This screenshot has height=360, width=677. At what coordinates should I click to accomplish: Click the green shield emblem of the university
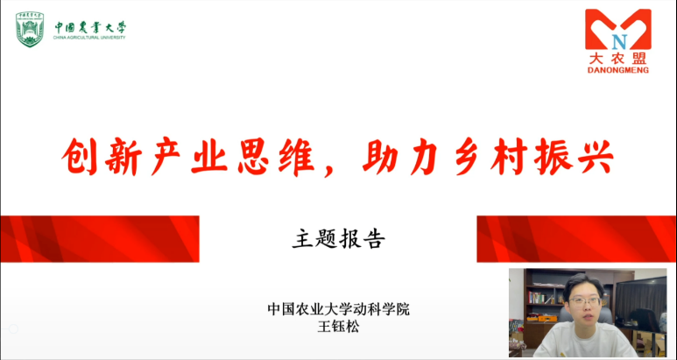(30, 30)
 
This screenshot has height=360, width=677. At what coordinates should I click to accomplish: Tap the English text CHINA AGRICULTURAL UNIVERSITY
(89, 38)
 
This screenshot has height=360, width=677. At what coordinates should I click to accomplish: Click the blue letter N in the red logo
(618, 41)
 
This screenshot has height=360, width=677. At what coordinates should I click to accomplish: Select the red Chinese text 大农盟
(618, 59)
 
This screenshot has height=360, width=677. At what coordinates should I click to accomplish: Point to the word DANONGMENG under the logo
(618, 70)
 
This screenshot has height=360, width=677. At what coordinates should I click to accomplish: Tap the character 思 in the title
(251, 156)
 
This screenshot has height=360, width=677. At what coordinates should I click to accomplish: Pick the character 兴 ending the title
(595, 156)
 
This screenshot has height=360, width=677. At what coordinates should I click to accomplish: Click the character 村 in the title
(510, 156)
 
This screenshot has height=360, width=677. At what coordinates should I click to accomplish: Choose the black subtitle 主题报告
(338, 239)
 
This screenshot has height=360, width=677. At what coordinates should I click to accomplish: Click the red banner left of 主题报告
(100, 239)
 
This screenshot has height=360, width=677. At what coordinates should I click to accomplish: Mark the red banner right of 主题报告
(576, 239)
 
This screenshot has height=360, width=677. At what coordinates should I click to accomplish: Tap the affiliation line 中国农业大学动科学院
(338, 309)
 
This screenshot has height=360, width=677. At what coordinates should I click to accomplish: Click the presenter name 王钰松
(338, 326)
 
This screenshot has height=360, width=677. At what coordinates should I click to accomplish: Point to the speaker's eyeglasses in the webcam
(585, 301)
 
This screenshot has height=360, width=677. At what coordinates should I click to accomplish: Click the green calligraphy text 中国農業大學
(90, 28)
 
